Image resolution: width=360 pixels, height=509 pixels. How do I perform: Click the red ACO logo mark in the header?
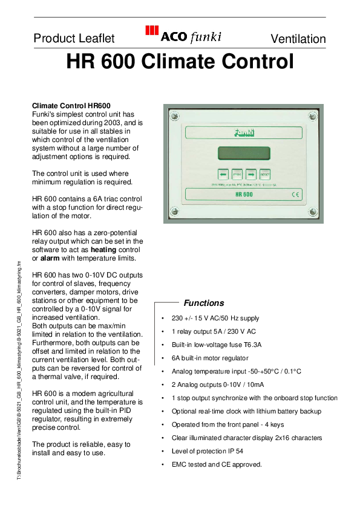[x=152, y=31]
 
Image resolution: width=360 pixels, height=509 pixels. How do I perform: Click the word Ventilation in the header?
[x=298, y=39]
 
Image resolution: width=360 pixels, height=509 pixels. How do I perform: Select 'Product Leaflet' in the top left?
[x=74, y=39]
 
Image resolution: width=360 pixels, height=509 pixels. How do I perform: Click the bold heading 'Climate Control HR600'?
[x=71, y=106]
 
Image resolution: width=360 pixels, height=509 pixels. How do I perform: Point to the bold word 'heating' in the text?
[x=103, y=250]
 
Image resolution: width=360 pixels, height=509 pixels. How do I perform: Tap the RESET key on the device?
[x=264, y=172]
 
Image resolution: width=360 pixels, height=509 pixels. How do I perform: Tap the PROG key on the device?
[x=237, y=172]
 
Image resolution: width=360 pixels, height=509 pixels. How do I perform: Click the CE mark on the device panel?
[x=296, y=195]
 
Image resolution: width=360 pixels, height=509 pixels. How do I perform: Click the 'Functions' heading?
[x=203, y=303]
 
